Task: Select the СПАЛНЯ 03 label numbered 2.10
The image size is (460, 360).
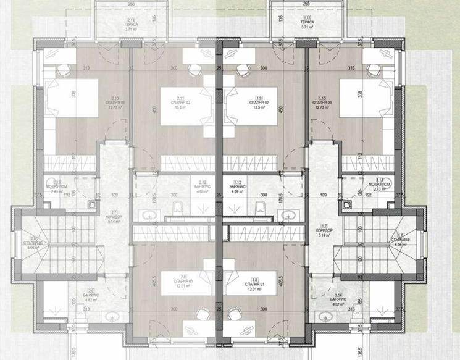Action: click(x=111, y=102)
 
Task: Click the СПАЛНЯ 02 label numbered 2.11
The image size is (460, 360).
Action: click(x=182, y=102)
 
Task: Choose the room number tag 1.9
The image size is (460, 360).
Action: click(x=258, y=98)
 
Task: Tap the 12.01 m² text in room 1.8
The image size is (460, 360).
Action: click(x=257, y=288)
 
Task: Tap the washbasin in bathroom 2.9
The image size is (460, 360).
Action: click(x=112, y=317)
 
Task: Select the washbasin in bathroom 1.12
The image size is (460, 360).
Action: click(x=288, y=216)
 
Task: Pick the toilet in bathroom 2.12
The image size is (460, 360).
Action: click(x=177, y=206)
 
